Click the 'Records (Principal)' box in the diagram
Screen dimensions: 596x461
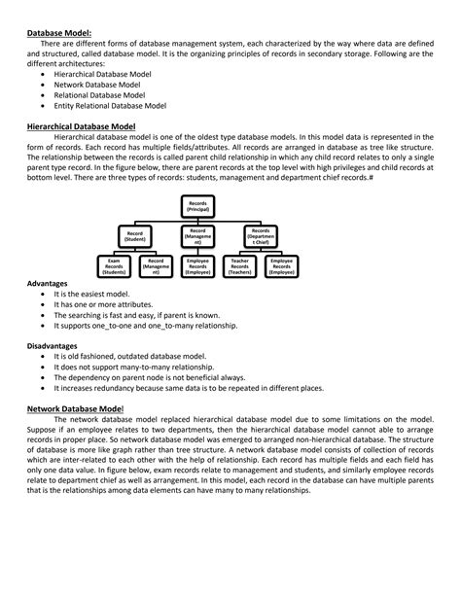coord(203,205)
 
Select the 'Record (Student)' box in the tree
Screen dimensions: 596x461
coord(144,236)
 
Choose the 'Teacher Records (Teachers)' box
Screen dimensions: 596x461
coord(239,266)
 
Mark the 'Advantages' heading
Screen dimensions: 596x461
coord(47,283)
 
